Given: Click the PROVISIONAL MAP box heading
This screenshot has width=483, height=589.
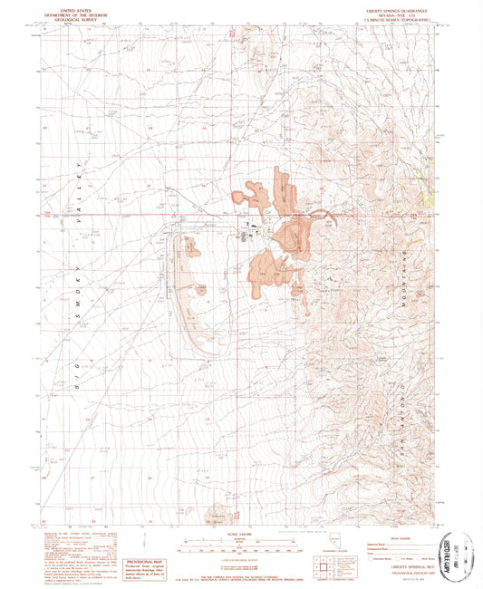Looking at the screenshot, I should tap(149, 536).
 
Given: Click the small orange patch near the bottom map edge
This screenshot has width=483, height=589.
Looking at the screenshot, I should tap(217, 509).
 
